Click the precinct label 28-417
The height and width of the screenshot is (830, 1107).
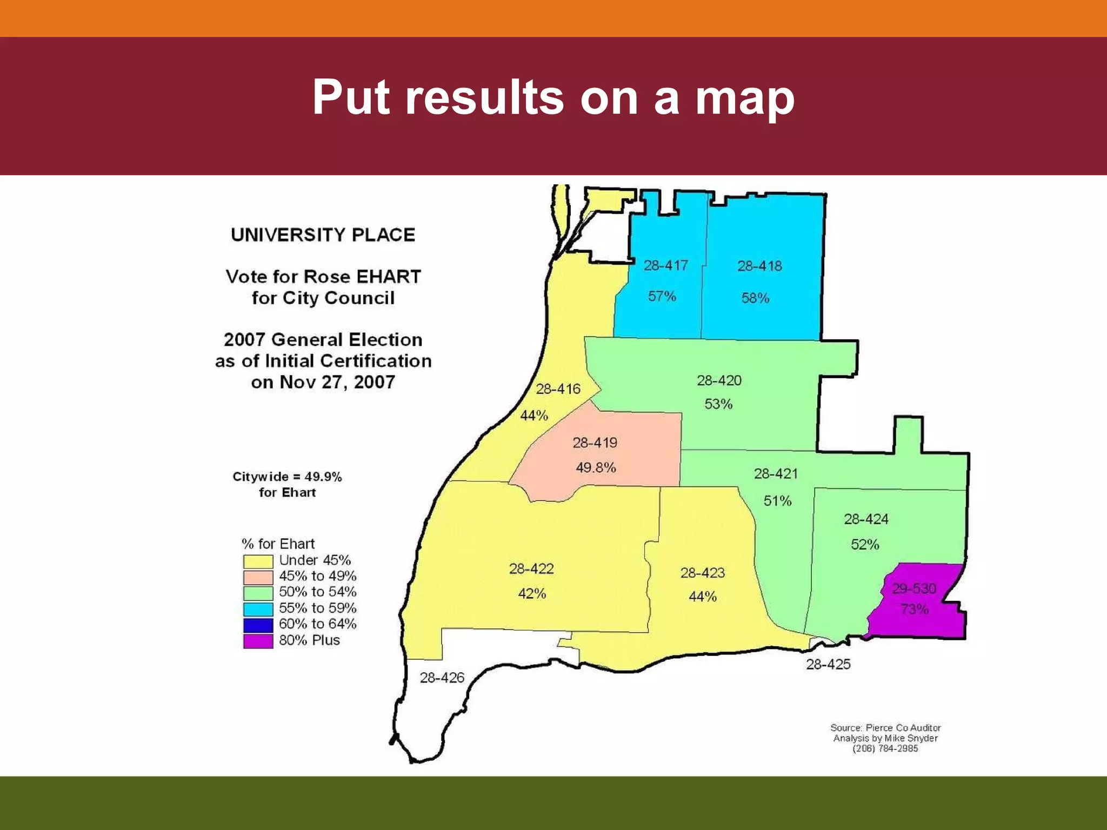coord(665,265)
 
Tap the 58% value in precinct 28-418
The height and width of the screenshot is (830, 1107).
coord(755,298)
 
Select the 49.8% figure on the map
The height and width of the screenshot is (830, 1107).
coord(596,467)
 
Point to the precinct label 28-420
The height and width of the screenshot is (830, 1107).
coord(719,380)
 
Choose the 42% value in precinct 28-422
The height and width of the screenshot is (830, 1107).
coord(532,593)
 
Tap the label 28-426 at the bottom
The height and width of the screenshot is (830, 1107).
coord(442,678)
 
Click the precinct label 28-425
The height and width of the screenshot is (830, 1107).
coord(828,664)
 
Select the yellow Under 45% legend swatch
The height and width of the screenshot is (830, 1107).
coord(258,561)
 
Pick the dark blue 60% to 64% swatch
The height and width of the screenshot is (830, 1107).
coord(258,625)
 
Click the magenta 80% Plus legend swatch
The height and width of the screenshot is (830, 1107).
coord(258,641)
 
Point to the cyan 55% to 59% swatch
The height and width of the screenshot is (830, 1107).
coord(258,609)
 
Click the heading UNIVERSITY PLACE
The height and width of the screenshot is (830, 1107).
coord(323,235)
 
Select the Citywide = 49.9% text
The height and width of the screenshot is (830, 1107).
coord(287,477)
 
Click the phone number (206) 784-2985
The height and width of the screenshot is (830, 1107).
coord(885,748)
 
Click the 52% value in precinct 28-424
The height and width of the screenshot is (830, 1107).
coord(865,544)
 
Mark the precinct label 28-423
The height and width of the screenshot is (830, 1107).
coord(702,573)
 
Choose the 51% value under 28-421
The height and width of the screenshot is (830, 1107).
coord(777,501)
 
